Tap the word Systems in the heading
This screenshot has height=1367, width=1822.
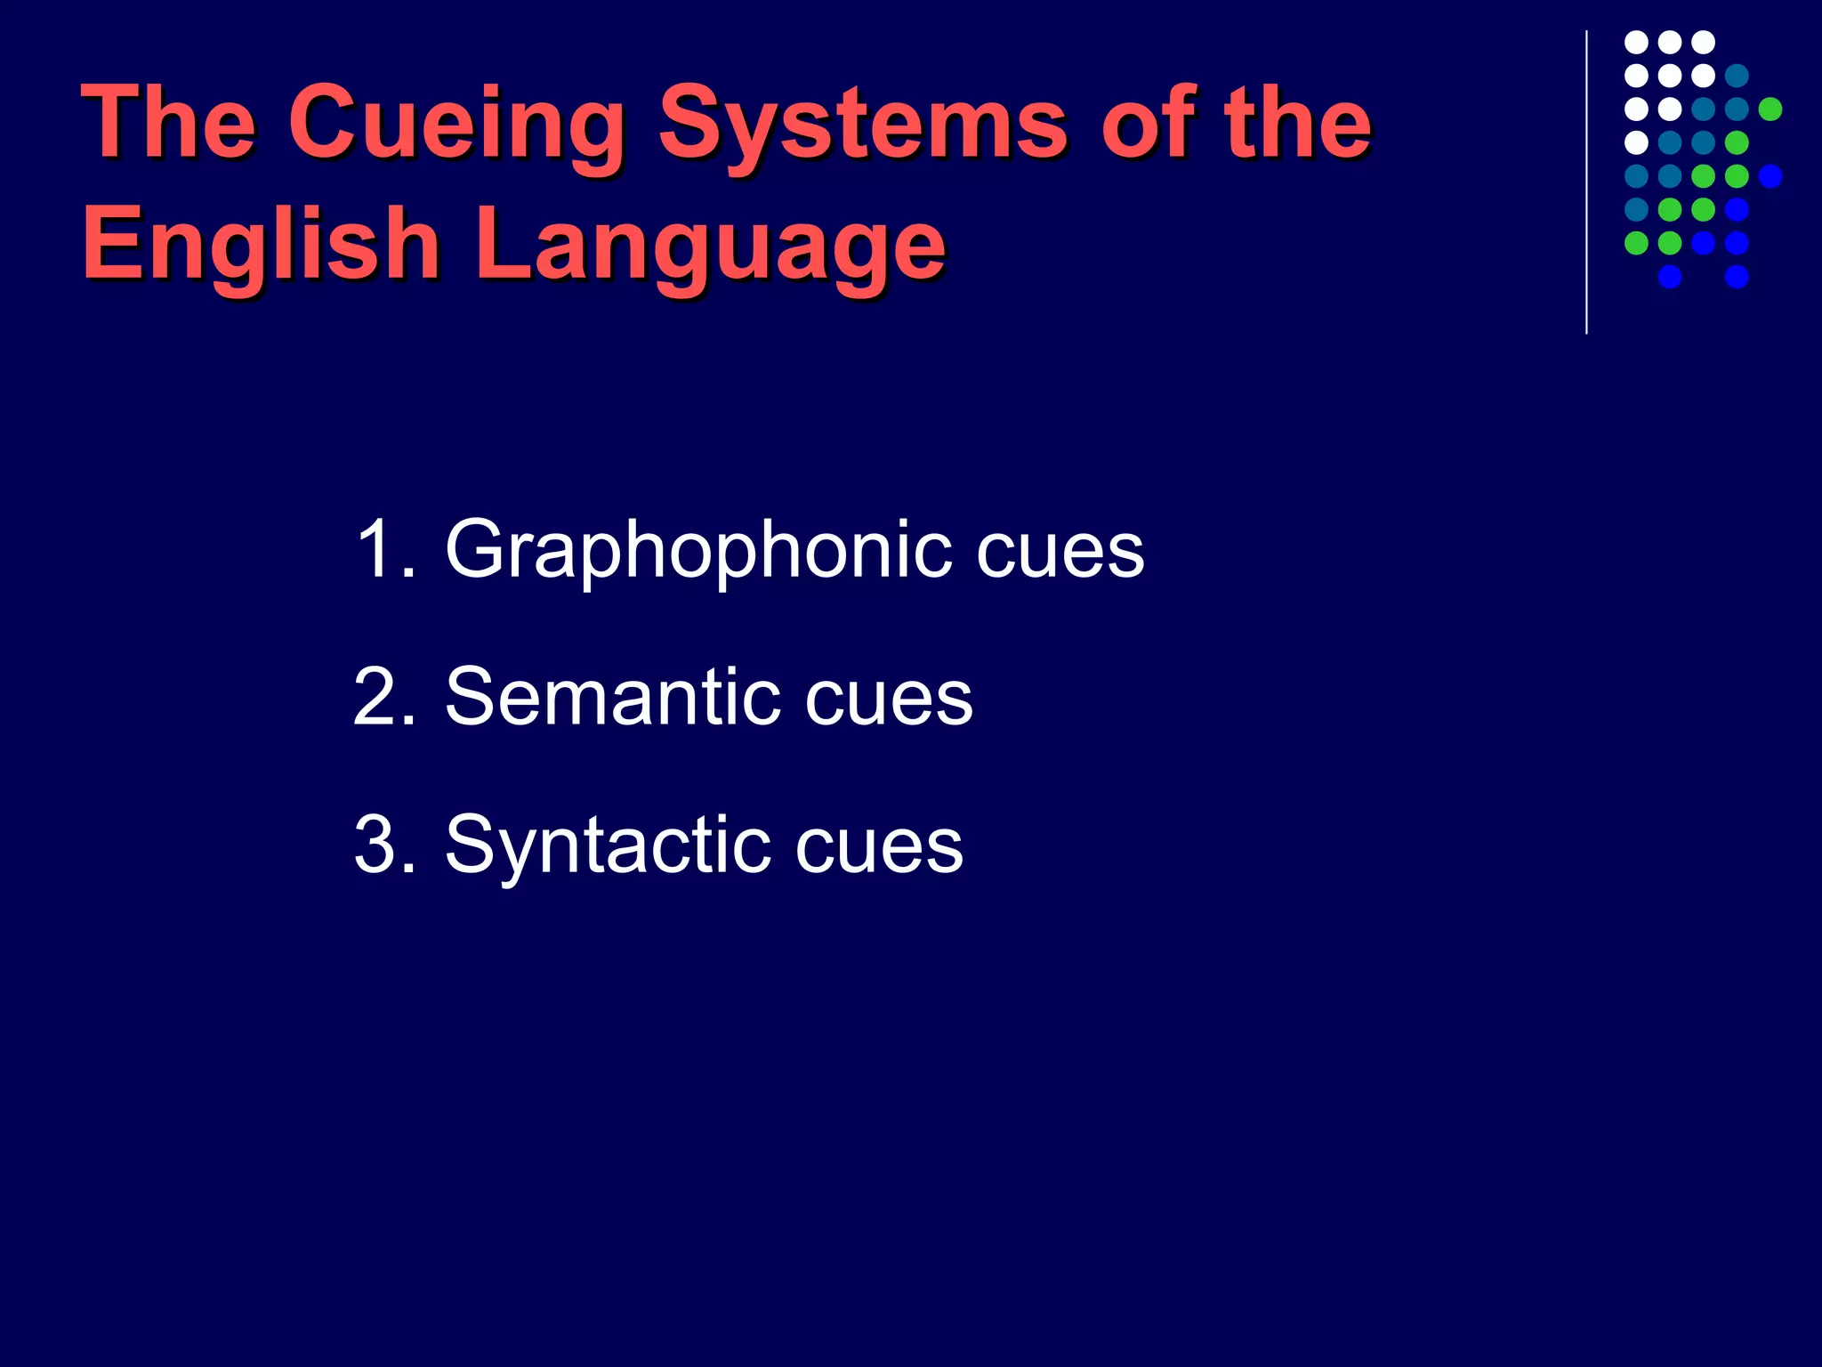tap(863, 125)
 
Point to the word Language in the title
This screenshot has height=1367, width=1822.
tap(710, 246)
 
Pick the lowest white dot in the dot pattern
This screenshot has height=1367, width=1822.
tap(1636, 142)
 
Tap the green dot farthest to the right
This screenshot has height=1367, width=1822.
tap(1770, 109)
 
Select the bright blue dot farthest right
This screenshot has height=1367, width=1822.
tap(1770, 176)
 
